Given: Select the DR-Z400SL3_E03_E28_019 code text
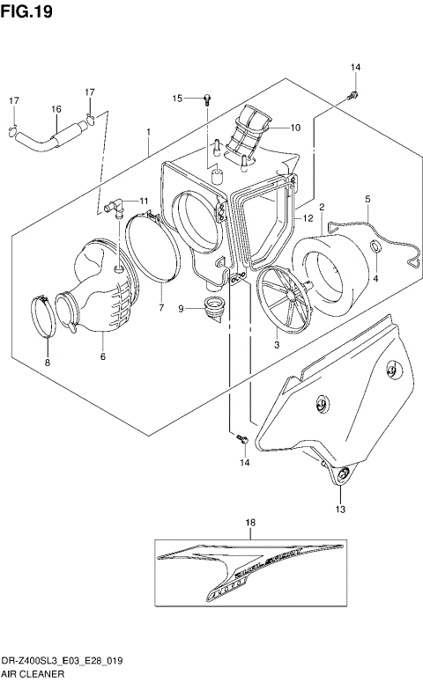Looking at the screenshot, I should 66,659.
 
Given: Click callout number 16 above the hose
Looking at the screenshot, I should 56,109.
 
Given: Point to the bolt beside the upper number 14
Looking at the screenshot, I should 352,93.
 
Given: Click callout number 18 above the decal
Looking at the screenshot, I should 250,523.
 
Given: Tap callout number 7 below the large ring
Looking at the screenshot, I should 160,308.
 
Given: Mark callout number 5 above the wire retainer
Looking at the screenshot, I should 367,201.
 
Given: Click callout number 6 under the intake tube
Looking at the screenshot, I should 102,356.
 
